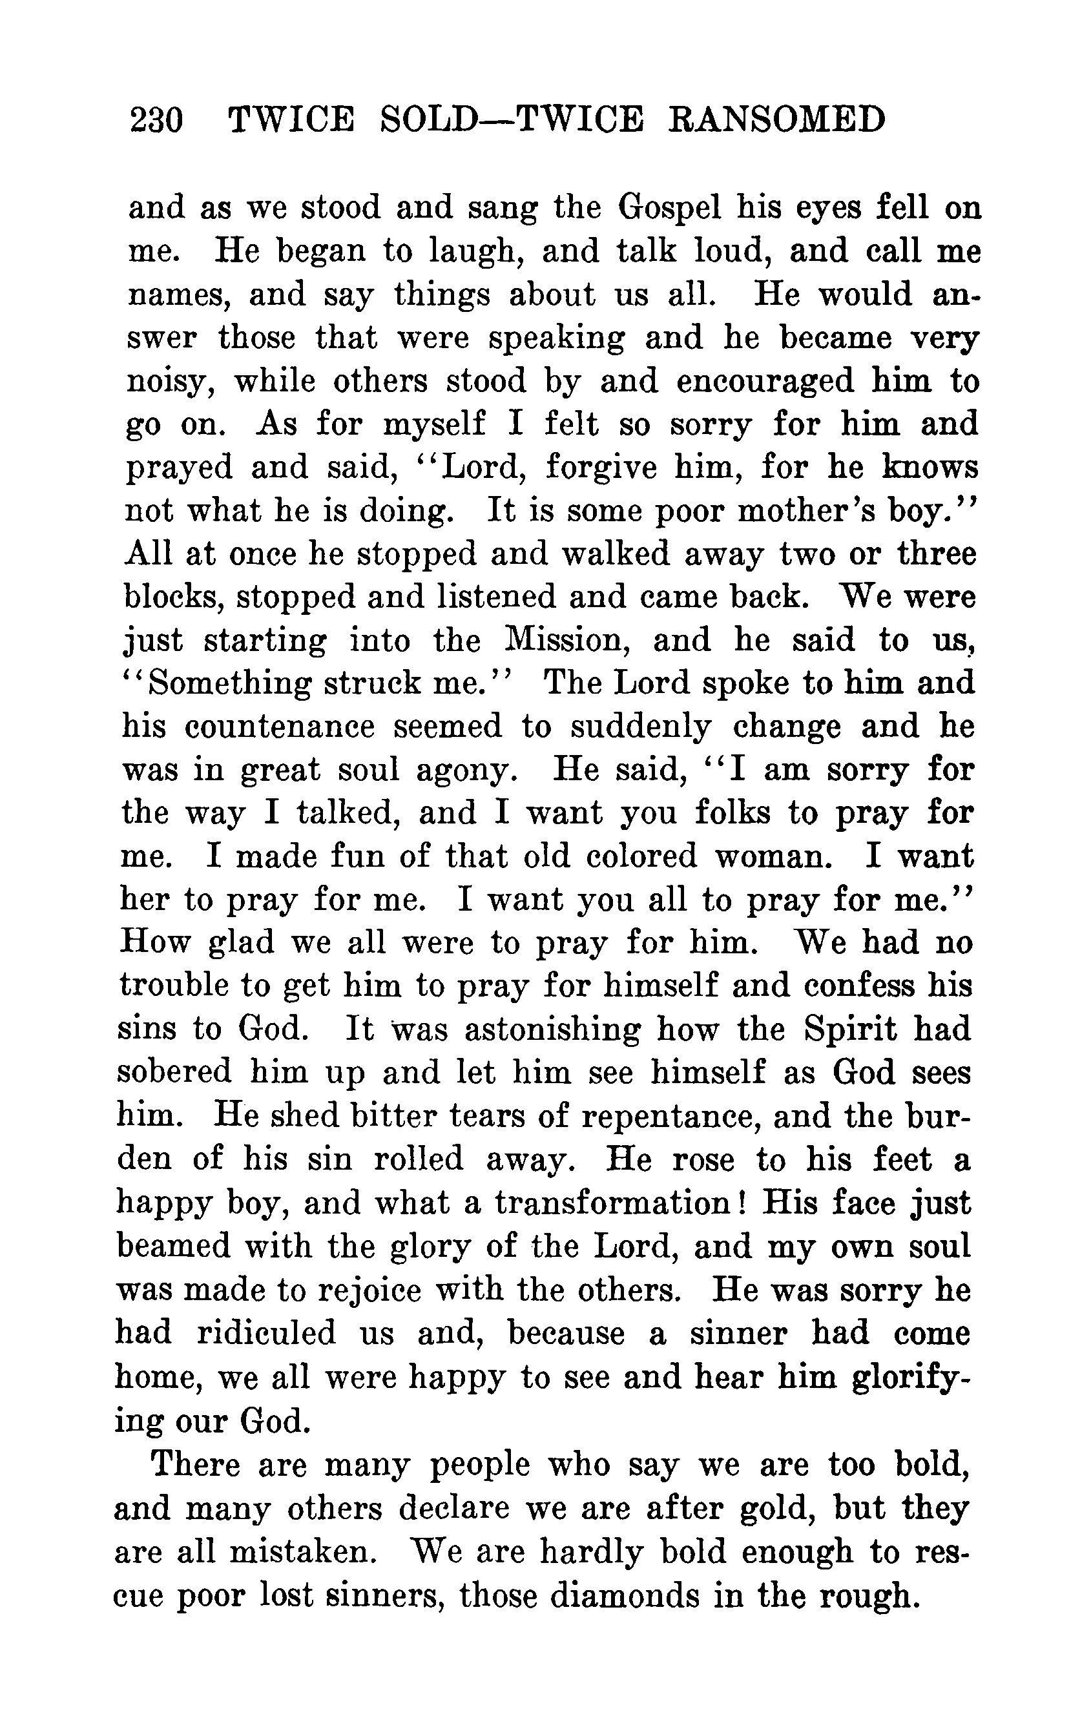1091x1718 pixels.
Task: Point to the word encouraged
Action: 764,381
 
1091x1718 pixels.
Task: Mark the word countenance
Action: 280,727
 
